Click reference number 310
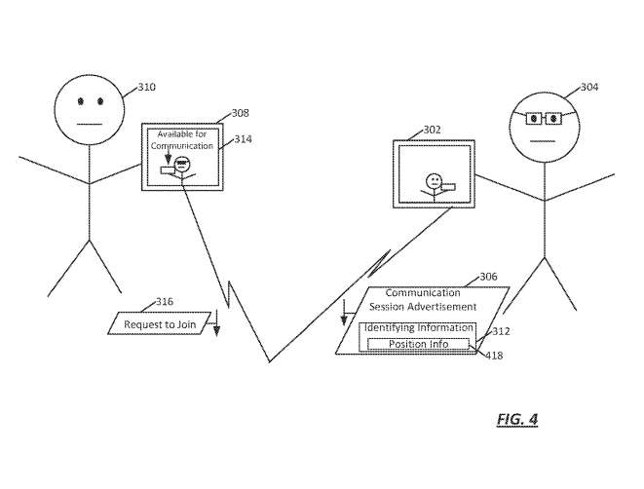point(146,88)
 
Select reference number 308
point(240,114)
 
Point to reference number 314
point(243,139)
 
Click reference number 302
point(431,129)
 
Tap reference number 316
point(165,302)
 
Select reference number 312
point(501,331)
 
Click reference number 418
point(496,356)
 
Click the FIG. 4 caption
point(516,419)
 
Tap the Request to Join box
point(157,324)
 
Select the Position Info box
point(417,344)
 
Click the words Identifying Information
point(418,328)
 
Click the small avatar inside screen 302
point(435,183)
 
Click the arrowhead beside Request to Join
point(216,331)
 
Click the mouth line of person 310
point(89,124)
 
